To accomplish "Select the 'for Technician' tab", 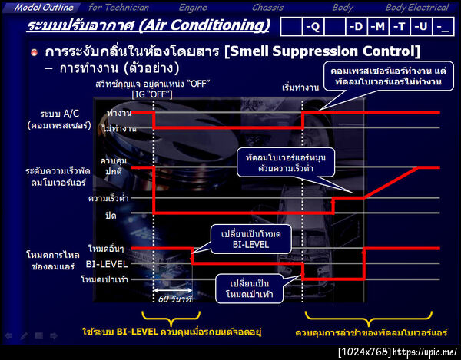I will point(118,7).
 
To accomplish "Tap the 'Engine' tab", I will point(194,7).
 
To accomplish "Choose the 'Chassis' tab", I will point(267,7).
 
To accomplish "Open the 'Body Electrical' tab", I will point(416,7).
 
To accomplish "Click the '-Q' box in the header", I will point(313,28).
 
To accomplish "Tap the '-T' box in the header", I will point(400,28).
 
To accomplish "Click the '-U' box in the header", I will point(421,28).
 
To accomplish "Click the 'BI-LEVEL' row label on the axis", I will point(101,264).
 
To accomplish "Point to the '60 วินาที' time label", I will point(175,299).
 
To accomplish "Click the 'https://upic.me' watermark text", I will point(424,352).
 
